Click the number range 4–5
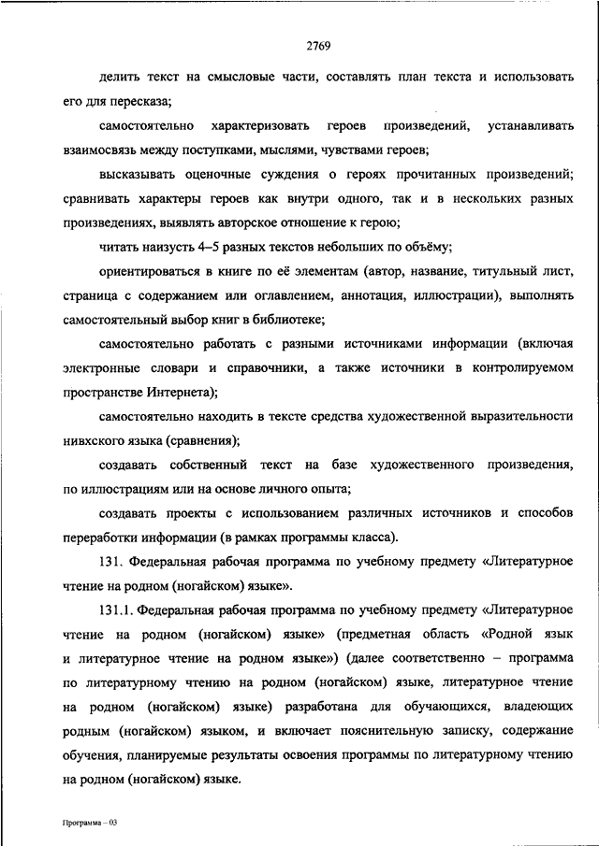pos(209,247)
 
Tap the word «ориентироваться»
pos(150,271)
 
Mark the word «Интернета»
pos(181,393)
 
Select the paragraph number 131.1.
pos(116,610)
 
